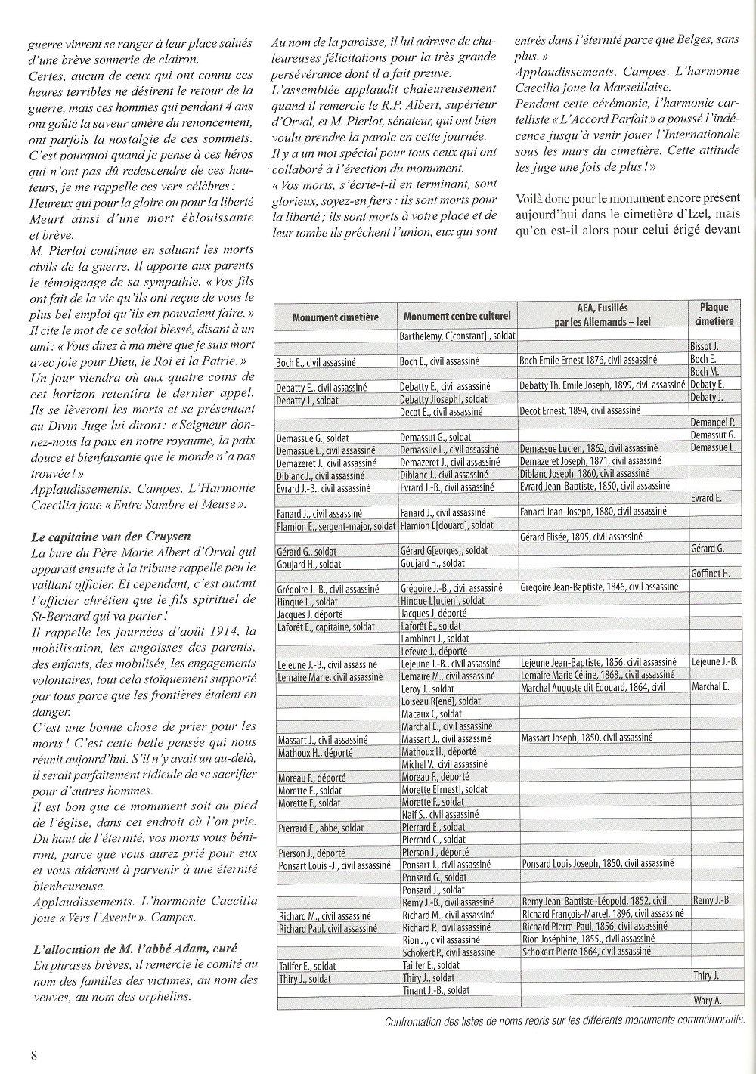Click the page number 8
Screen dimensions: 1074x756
pos(33,1055)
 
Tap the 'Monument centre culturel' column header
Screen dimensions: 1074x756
pos(457,317)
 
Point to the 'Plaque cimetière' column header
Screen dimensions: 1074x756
pos(714,314)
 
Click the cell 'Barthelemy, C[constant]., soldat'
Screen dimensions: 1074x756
pos(457,336)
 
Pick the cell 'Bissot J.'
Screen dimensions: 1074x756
pos(704,347)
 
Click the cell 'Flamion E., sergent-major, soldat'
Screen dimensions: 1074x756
pos(335,525)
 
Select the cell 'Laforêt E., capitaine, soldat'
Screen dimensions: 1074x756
pos(326,627)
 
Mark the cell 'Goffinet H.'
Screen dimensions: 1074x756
pos(710,574)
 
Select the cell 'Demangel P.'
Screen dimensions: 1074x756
pos(713,422)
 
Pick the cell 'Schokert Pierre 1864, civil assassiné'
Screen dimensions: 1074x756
pos(585,952)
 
